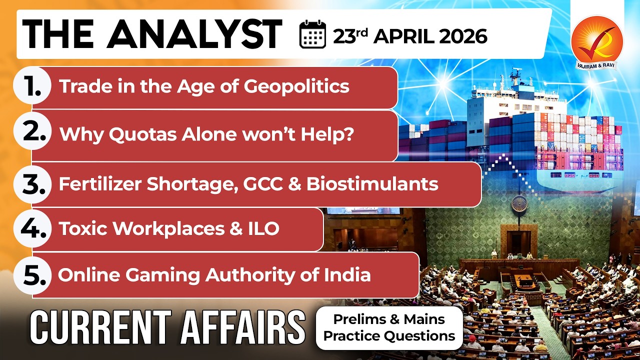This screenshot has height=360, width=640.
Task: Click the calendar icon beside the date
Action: [x=312, y=35]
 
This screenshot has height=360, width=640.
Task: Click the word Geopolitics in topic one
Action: [x=296, y=86]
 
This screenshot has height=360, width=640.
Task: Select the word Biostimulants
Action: [x=372, y=184]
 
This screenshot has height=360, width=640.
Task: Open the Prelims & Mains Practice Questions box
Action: [x=389, y=327]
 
